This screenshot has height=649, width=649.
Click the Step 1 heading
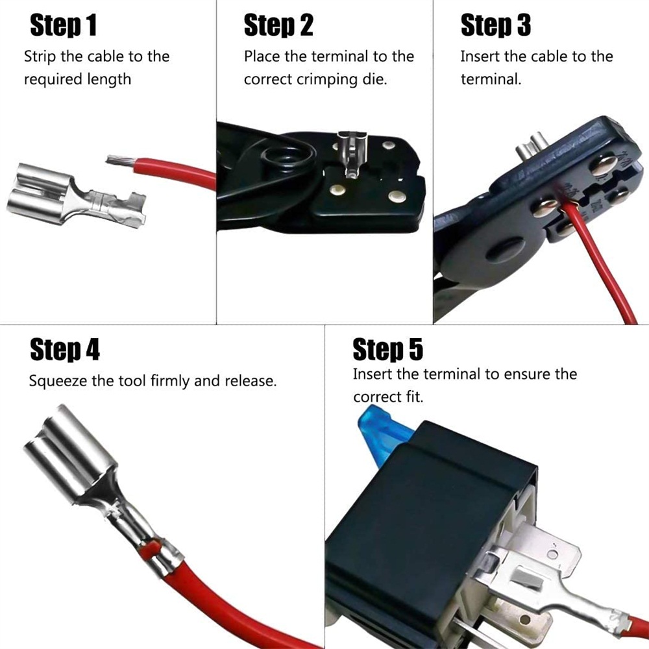coord(64,25)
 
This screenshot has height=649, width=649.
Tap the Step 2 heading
coord(278,25)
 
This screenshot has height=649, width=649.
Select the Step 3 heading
coord(495,25)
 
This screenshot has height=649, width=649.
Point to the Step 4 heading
coord(65,349)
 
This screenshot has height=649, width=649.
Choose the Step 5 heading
coord(388,349)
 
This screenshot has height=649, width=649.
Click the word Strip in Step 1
coord(40,56)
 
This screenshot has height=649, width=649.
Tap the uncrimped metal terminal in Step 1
coord(77,195)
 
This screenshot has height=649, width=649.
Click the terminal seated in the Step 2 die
coord(351,153)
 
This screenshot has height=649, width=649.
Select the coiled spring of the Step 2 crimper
coord(285,158)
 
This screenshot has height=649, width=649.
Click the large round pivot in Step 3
coord(505,249)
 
